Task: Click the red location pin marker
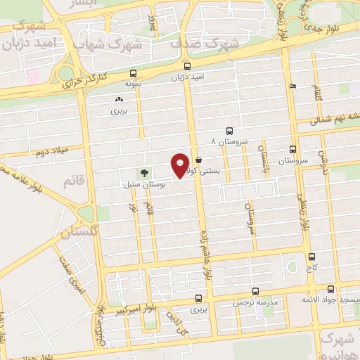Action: pyautogui.click(x=180, y=164)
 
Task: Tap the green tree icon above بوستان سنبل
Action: pyautogui.click(x=144, y=172)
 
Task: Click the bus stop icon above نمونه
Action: pyautogui.click(x=133, y=72)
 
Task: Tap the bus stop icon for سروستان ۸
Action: pyautogui.click(x=230, y=131)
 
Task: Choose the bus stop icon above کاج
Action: pyautogui.click(x=311, y=257)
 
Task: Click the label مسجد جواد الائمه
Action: pyautogui.click(x=335, y=300)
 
